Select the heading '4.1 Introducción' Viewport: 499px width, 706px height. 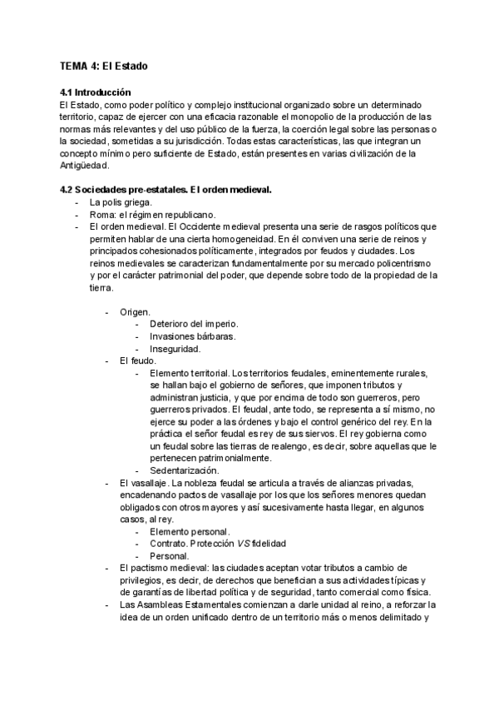tap(96, 92)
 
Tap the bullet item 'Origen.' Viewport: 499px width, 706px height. tap(135, 311)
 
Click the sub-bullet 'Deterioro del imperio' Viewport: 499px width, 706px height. tap(194, 324)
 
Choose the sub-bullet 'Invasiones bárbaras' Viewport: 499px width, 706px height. tap(192, 336)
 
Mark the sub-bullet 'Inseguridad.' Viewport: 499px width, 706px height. tap(175, 349)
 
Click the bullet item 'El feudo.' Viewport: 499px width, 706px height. tap(139, 361)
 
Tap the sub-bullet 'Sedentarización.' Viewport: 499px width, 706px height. tap(185, 470)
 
